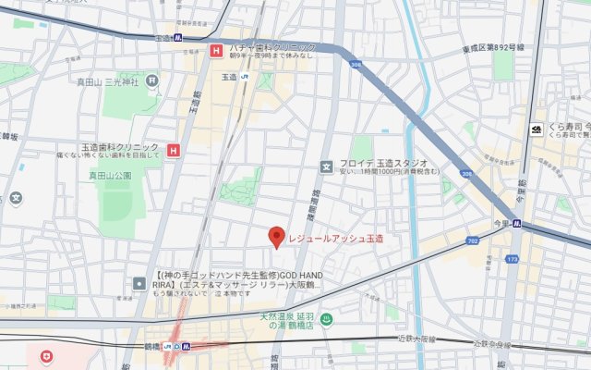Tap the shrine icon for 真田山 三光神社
pyautogui.click(x=153, y=82)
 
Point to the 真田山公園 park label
pyautogui.click(x=110, y=175)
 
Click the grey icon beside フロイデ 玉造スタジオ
pyautogui.click(x=325, y=167)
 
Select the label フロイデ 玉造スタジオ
pyautogui.click(x=376, y=163)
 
